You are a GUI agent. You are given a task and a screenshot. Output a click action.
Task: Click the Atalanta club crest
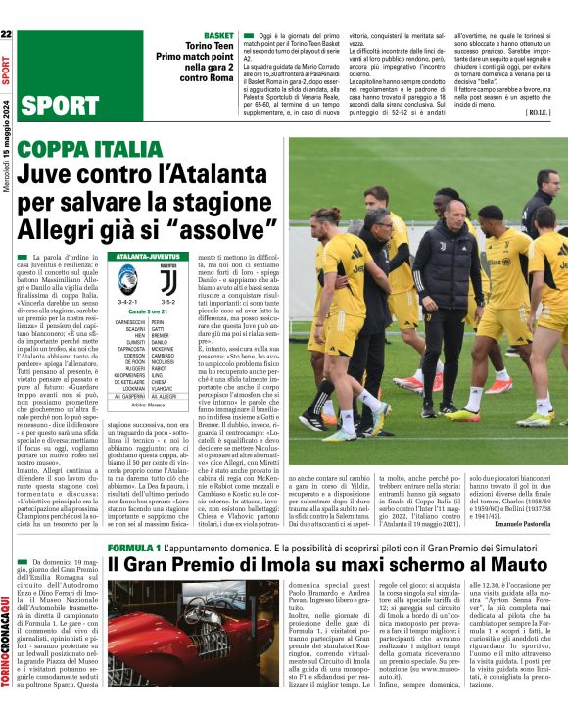click(129, 281)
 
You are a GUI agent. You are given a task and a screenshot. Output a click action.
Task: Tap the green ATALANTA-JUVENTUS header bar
click(147, 255)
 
